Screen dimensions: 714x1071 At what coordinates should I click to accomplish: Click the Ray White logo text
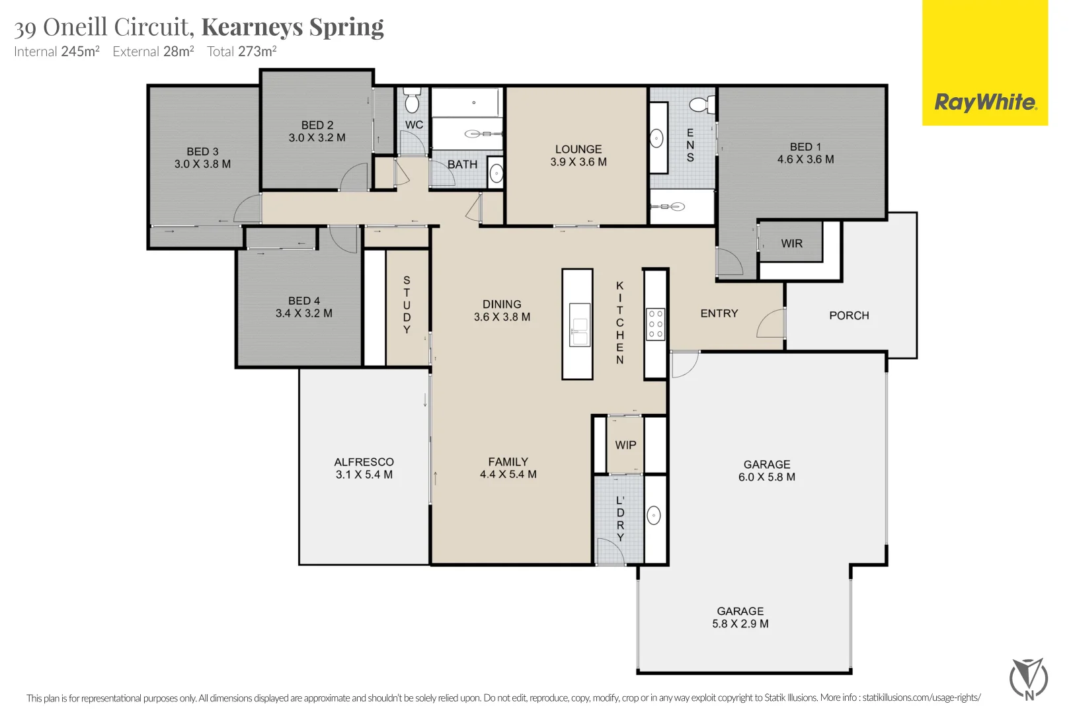coord(984,102)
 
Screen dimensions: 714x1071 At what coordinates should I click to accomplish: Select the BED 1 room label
coord(805,153)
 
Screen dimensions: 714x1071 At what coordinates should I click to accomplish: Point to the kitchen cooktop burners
coord(655,324)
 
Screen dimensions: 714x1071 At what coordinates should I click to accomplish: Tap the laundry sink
coord(654,516)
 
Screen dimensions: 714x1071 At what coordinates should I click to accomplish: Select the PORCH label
coord(849,315)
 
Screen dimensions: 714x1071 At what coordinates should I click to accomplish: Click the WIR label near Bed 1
coord(791,243)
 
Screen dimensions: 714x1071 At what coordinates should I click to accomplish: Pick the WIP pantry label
coord(625,445)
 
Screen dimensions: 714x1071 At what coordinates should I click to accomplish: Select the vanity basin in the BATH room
coord(496,174)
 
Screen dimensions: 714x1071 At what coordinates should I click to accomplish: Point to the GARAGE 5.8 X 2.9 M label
coord(740,617)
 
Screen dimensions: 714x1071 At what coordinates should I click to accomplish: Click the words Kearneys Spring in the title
coord(292,26)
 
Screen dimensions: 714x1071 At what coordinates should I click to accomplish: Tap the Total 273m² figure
coord(241,52)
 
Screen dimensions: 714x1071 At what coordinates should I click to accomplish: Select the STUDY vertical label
coord(407,305)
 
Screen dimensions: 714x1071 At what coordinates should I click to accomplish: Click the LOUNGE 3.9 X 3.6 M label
coord(578,155)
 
